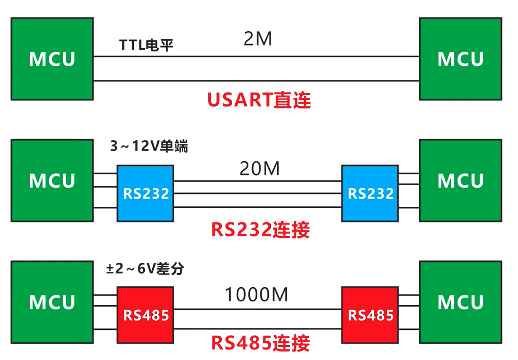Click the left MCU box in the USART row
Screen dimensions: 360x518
click(52, 59)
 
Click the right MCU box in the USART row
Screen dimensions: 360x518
click(460, 59)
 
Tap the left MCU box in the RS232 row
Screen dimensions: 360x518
click(52, 181)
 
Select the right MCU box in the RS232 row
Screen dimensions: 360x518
click(460, 181)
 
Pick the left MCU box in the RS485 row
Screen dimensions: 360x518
click(52, 302)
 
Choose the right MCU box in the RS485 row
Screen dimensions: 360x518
click(460, 302)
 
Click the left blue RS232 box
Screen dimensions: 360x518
click(146, 193)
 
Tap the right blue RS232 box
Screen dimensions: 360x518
click(370, 193)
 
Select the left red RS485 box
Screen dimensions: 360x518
click(146, 315)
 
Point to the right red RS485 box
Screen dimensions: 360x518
click(370, 315)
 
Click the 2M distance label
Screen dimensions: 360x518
click(258, 39)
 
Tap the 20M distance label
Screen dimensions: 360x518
click(259, 169)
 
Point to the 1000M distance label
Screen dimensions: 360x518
click(256, 295)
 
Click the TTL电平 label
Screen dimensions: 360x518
click(146, 46)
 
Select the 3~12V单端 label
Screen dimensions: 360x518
click(148, 147)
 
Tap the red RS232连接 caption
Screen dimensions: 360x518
click(260, 230)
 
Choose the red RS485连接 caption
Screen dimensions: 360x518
click(260, 343)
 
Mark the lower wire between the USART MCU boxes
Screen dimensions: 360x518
click(256, 80)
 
